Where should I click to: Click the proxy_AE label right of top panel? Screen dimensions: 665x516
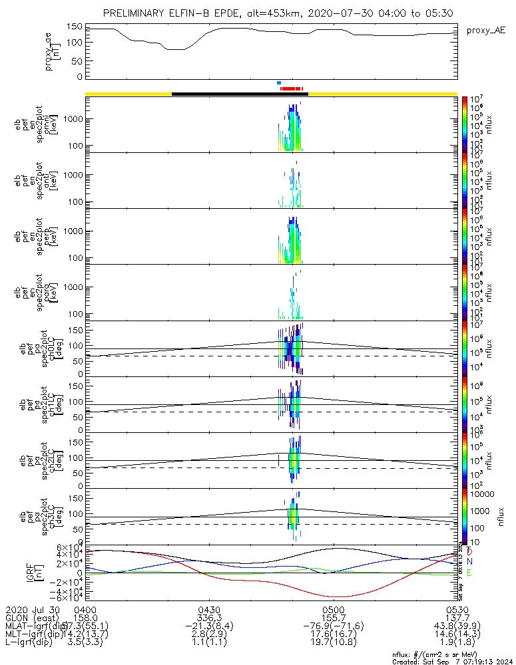[x=485, y=31]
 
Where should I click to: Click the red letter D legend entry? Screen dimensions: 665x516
[x=470, y=552]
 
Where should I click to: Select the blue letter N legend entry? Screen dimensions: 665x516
[x=470, y=562]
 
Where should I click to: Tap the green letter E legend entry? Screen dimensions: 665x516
[x=470, y=573]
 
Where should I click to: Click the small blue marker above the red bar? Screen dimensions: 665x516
[x=279, y=83]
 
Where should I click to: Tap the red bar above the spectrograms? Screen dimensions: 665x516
[x=292, y=88]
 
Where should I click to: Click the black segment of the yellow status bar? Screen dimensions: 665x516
[x=240, y=94]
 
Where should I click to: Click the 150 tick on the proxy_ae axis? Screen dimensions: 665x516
[x=75, y=27]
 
